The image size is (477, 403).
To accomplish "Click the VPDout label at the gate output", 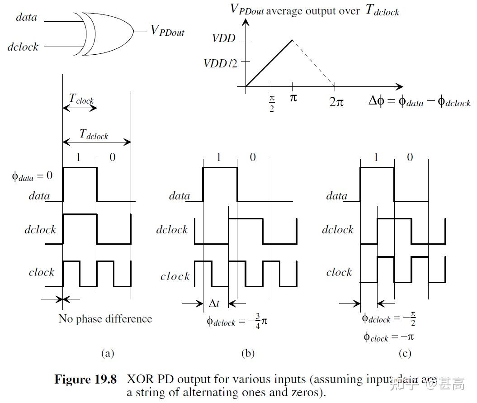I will coord(167,31).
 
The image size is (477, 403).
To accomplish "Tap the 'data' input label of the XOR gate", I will coord(26,18).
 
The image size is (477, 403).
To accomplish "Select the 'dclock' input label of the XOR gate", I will coord(23,47).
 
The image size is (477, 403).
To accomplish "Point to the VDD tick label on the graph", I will coord(224,38).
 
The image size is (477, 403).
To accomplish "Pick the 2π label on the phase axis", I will coord(335,102).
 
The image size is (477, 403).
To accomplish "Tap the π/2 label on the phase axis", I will coord(271,103).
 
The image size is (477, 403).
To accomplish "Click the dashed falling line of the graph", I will coord(314,63).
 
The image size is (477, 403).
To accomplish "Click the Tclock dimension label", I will coord(81,99).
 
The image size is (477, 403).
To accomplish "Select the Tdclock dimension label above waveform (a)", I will coord(94,134).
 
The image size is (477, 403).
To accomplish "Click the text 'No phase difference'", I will coord(105,319).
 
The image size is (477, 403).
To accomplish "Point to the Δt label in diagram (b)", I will coord(214,303).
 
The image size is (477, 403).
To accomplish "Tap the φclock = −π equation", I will coord(388,337).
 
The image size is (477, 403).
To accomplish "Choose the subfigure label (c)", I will coord(405,353).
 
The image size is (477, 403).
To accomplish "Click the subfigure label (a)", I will coord(107,353).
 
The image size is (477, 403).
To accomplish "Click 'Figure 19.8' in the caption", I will coord(85,379).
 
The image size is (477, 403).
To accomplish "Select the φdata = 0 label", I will coord(32,175).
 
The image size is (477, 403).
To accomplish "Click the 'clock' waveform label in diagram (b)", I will coord(175,276).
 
